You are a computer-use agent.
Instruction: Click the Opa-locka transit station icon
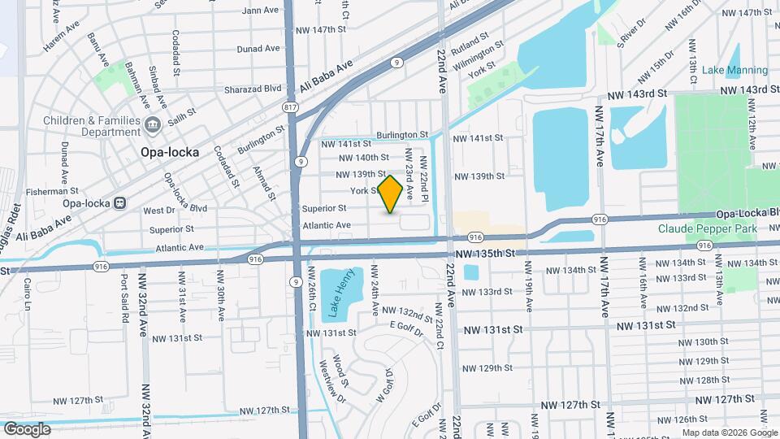tap(119, 202)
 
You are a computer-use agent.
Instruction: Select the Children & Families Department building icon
tap(152, 124)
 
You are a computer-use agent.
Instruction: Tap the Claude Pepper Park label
tap(707, 229)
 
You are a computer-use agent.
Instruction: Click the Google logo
tap(27, 429)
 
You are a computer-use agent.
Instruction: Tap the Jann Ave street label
tap(260, 11)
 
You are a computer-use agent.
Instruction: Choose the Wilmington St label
tap(474, 56)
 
